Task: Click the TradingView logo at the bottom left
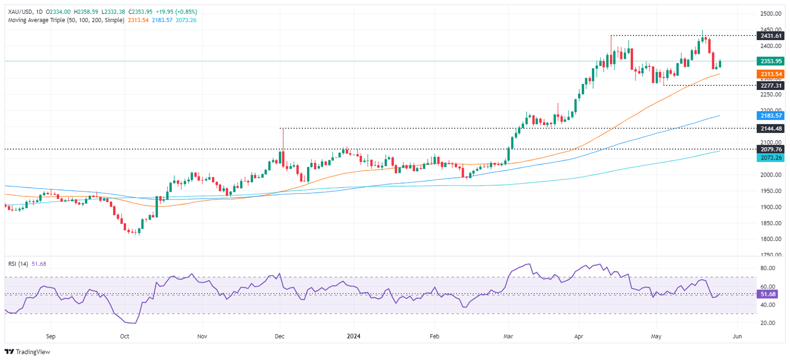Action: pos(26,352)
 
